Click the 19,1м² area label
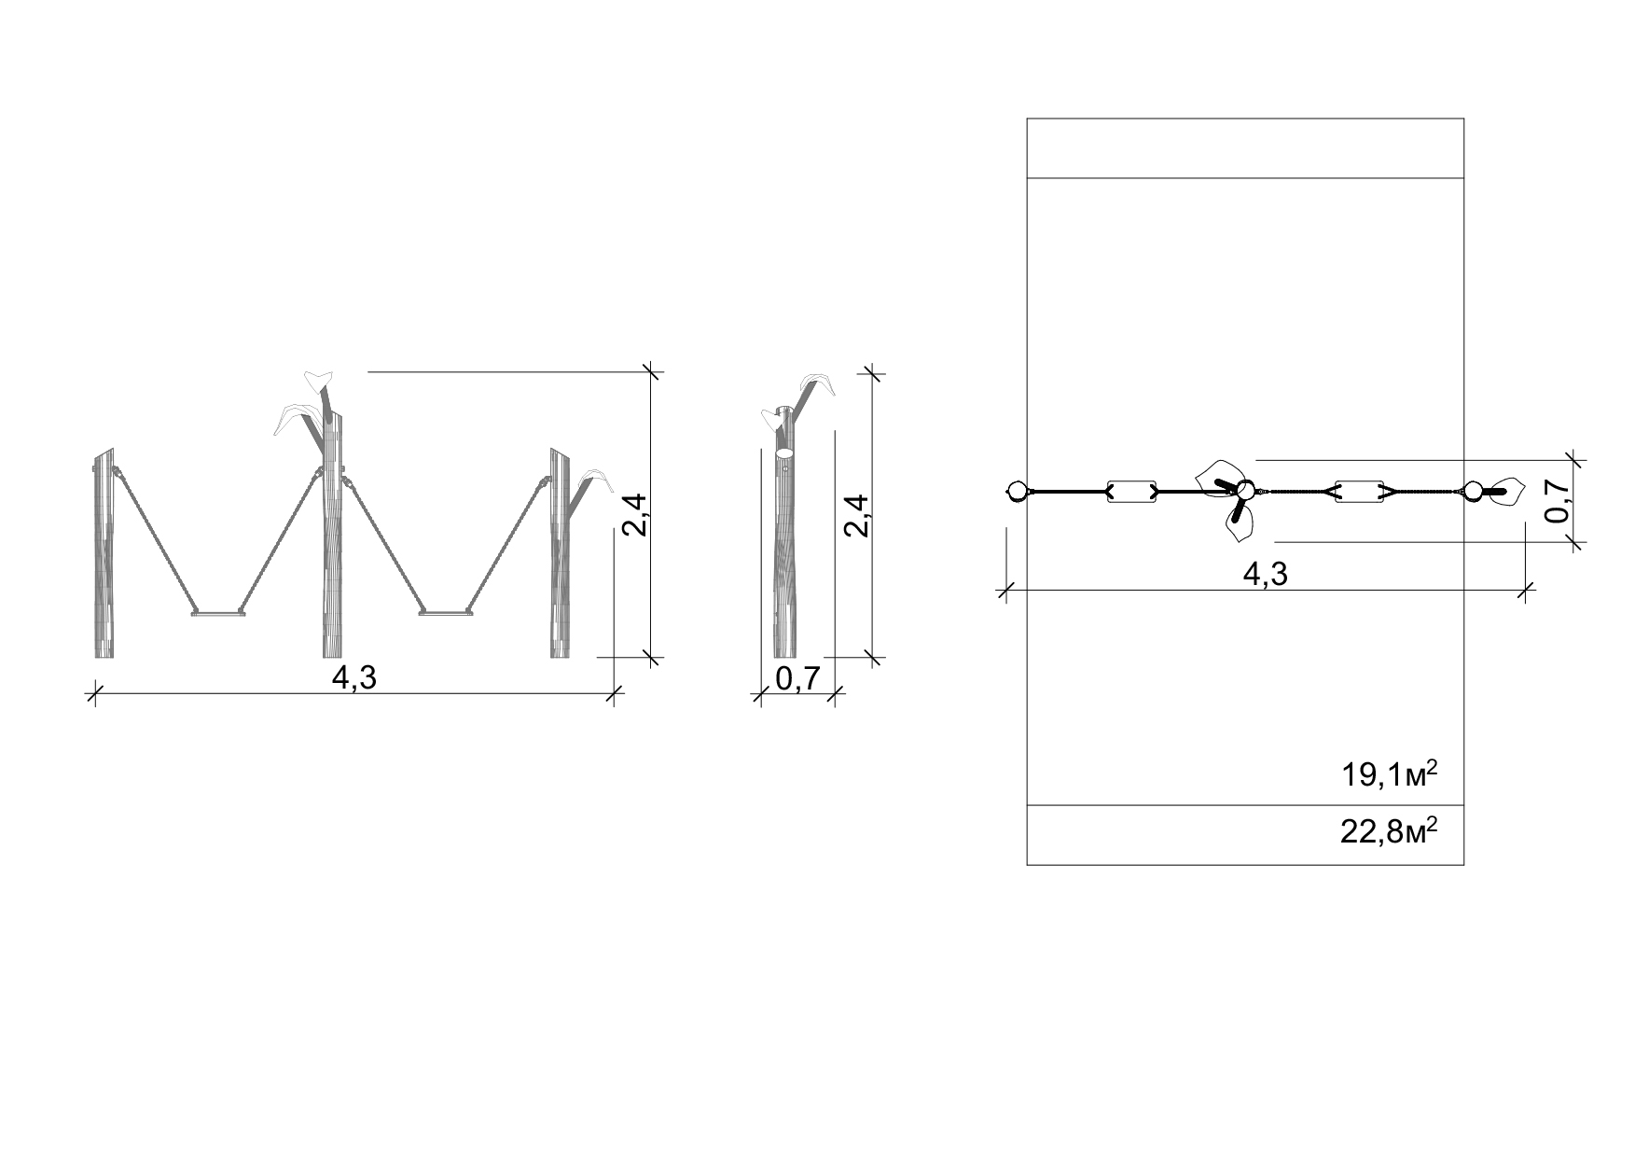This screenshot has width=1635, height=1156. (x=1389, y=773)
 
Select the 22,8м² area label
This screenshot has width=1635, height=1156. (x=1388, y=830)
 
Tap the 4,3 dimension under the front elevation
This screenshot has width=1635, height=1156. (x=354, y=677)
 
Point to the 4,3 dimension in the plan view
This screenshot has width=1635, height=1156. (x=1266, y=574)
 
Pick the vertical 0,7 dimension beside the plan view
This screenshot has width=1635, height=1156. (x=1556, y=501)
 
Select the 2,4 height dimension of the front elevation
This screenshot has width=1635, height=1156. (x=634, y=514)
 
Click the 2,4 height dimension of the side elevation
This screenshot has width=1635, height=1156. (x=856, y=514)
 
